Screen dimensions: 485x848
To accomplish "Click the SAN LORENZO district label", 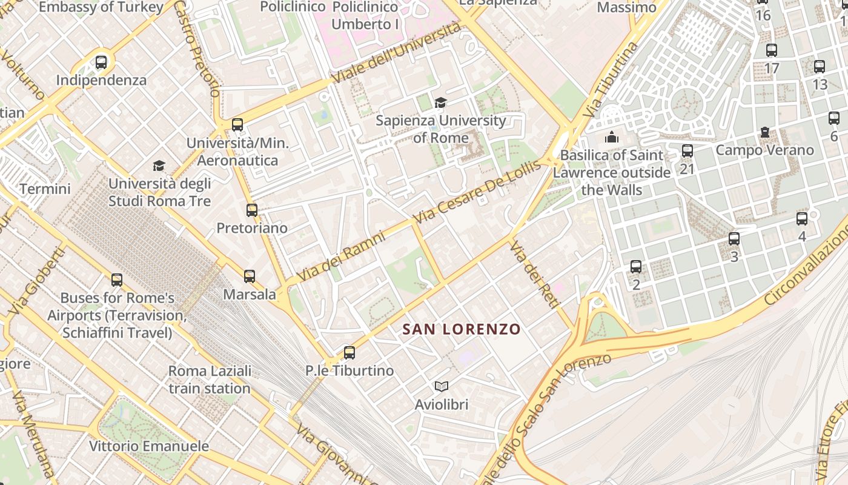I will [x=462, y=329].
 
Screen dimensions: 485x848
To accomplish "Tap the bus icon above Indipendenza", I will [x=101, y=62].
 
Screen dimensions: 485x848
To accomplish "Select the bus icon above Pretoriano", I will [x=252, y=210].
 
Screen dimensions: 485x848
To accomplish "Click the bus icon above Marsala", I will [x=249, y=276].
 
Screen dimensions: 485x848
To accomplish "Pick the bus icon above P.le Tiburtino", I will [x=349, y=352].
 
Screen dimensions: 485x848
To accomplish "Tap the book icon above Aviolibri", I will [x=442, y=386].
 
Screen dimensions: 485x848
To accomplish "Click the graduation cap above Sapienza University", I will [x=440, y=102].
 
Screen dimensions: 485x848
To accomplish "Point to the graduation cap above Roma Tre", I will [x=159, y=166].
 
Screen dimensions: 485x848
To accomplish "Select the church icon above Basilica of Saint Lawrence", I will [x=612, y=137].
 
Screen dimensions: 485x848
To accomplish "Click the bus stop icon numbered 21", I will [x=687, y=151].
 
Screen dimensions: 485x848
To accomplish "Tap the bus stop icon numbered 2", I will [x=636, y=266].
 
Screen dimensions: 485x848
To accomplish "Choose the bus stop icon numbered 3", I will [x=734, y=239].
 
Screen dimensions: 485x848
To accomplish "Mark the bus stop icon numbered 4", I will [x=802, y=219].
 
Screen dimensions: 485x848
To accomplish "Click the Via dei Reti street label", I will [x=533, y=274].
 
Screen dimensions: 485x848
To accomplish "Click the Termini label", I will [x=45, y=189].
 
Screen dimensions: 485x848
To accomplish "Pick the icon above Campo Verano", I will [x=764, y=132].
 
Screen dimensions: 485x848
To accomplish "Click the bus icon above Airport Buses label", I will [x=117, y=280].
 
